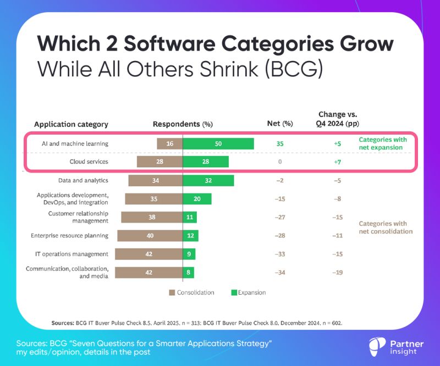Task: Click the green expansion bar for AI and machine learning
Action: pos(218,144)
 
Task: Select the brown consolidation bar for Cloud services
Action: pos(159,162)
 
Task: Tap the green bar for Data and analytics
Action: pos(208,180)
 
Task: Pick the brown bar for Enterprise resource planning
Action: pos(150,236)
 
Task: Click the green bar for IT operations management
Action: pos(189,254)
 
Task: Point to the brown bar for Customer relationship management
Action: pos(152,217)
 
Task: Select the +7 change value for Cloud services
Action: pos(337,162)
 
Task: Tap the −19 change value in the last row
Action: pos(337,273)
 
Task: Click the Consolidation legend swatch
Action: pos(172,292)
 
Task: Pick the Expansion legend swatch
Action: pos(233,292)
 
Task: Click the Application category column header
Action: pos(71,124)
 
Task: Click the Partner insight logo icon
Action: pos(376,346)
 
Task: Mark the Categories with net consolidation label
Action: pos(383,228)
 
